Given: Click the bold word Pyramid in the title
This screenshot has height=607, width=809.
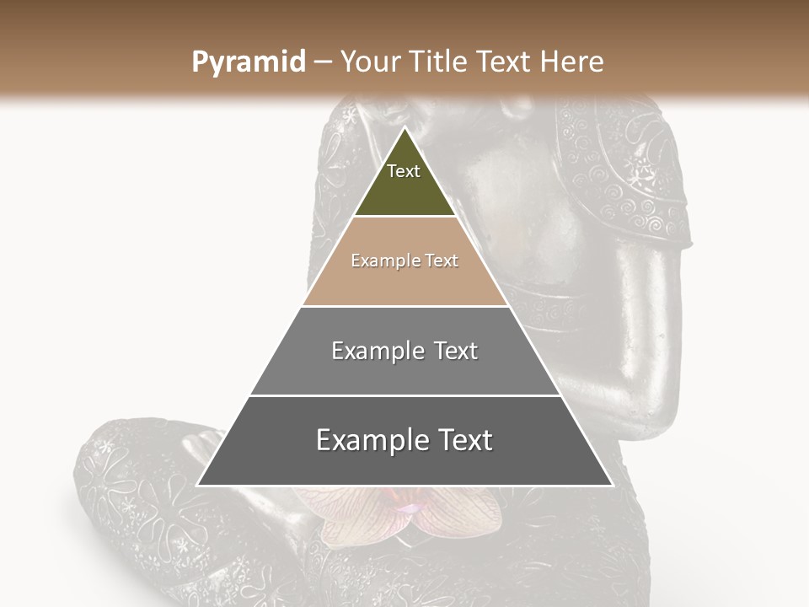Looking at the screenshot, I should click(248, 62).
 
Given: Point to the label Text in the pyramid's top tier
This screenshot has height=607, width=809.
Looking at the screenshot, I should click(404, 171).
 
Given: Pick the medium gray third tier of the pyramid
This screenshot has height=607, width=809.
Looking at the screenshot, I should click(404, 371).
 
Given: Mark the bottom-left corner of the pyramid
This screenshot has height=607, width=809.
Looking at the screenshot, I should click(198, 485).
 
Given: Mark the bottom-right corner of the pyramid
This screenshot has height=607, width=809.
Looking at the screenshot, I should click(612, 485).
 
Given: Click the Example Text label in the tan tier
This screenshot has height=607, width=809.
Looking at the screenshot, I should click(404, 261).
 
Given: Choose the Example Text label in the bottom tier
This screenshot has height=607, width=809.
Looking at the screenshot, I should click(404, 440).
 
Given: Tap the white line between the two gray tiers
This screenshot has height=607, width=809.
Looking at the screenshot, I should click(404, 395).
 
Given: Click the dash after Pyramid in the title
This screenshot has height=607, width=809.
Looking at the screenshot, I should click(323, 62).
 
